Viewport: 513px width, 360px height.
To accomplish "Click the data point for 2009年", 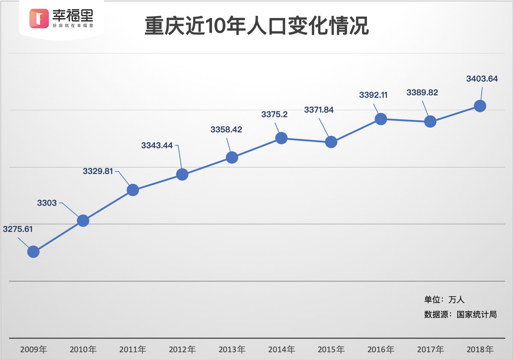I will tap(33, 252).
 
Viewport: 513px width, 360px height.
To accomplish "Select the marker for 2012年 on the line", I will tap(182, 174).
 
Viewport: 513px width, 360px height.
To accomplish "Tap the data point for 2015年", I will tap(331, 142).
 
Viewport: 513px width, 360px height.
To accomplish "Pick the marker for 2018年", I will tap(480, 106).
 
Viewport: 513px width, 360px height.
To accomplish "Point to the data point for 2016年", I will tap(380, 119).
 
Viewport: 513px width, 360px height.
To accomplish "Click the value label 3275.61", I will tap(18, 229).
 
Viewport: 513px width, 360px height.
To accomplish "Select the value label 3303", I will tap(47, 203).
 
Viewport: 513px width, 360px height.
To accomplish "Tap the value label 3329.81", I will tap(98, 171).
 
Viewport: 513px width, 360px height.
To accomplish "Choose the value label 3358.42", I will tap(226, 130).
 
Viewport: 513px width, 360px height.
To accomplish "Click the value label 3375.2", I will tap(274, 114).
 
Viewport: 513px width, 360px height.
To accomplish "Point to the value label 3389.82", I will tap(422, 93).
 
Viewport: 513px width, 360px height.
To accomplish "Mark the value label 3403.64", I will tap(482, 79).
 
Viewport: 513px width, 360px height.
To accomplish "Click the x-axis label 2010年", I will tap(83, 349).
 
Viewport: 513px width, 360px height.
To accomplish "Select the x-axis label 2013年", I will tap(232, 349).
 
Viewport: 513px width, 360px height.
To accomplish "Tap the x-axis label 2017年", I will tap(430, 349).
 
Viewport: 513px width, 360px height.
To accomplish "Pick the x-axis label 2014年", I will tap(281, 349).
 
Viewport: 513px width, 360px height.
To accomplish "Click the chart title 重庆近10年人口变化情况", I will tap(256, 26).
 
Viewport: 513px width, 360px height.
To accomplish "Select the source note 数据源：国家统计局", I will tap(460, 314).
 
